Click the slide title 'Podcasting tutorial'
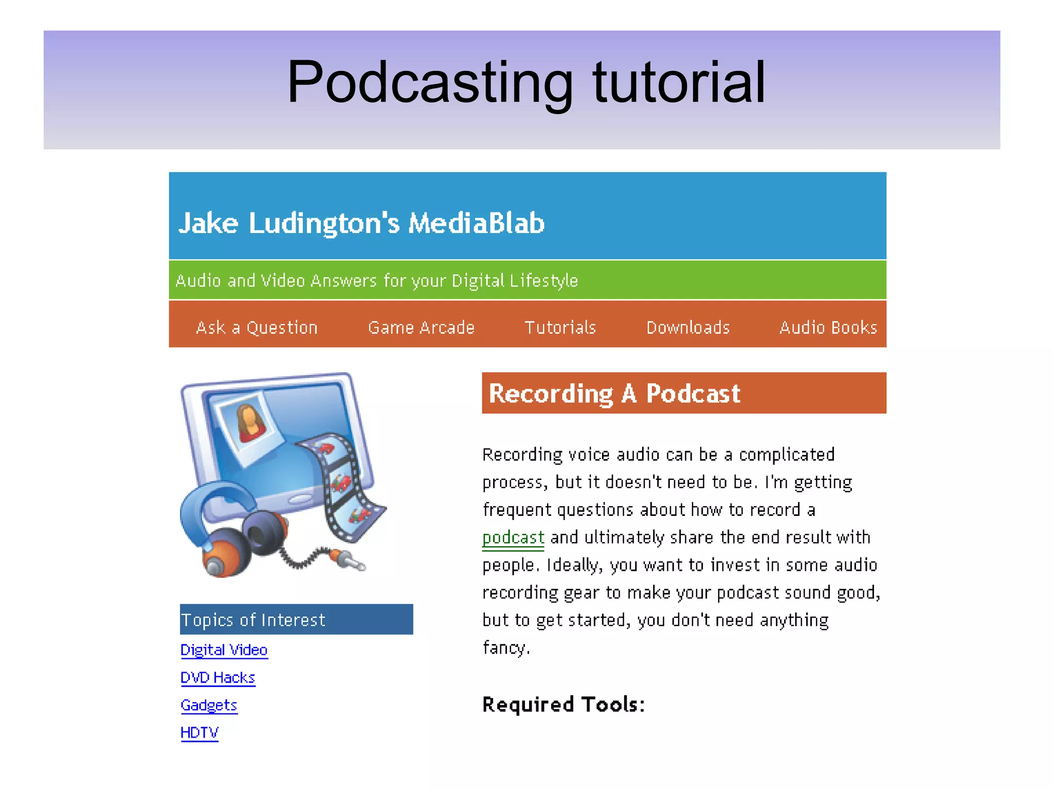click(526, 82)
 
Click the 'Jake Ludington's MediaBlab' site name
click(361, 223)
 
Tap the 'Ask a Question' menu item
click(257, 328)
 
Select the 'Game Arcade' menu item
click(421, 328)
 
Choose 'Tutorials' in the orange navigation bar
click(560, 328)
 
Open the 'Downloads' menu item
click(688, 328)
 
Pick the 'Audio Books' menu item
click(828, 328)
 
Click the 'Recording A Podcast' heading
click(614, 393)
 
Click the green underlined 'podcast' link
click(513, 537)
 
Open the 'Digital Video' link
click(224, 650)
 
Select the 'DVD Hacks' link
click(217, 678)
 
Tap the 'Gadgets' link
click(209, 705)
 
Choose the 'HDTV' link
click(199, 732)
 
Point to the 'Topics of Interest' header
click(253, 620)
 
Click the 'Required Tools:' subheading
click(563, 705)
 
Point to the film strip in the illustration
click(342, 483)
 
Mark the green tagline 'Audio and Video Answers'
click(376, 281)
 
